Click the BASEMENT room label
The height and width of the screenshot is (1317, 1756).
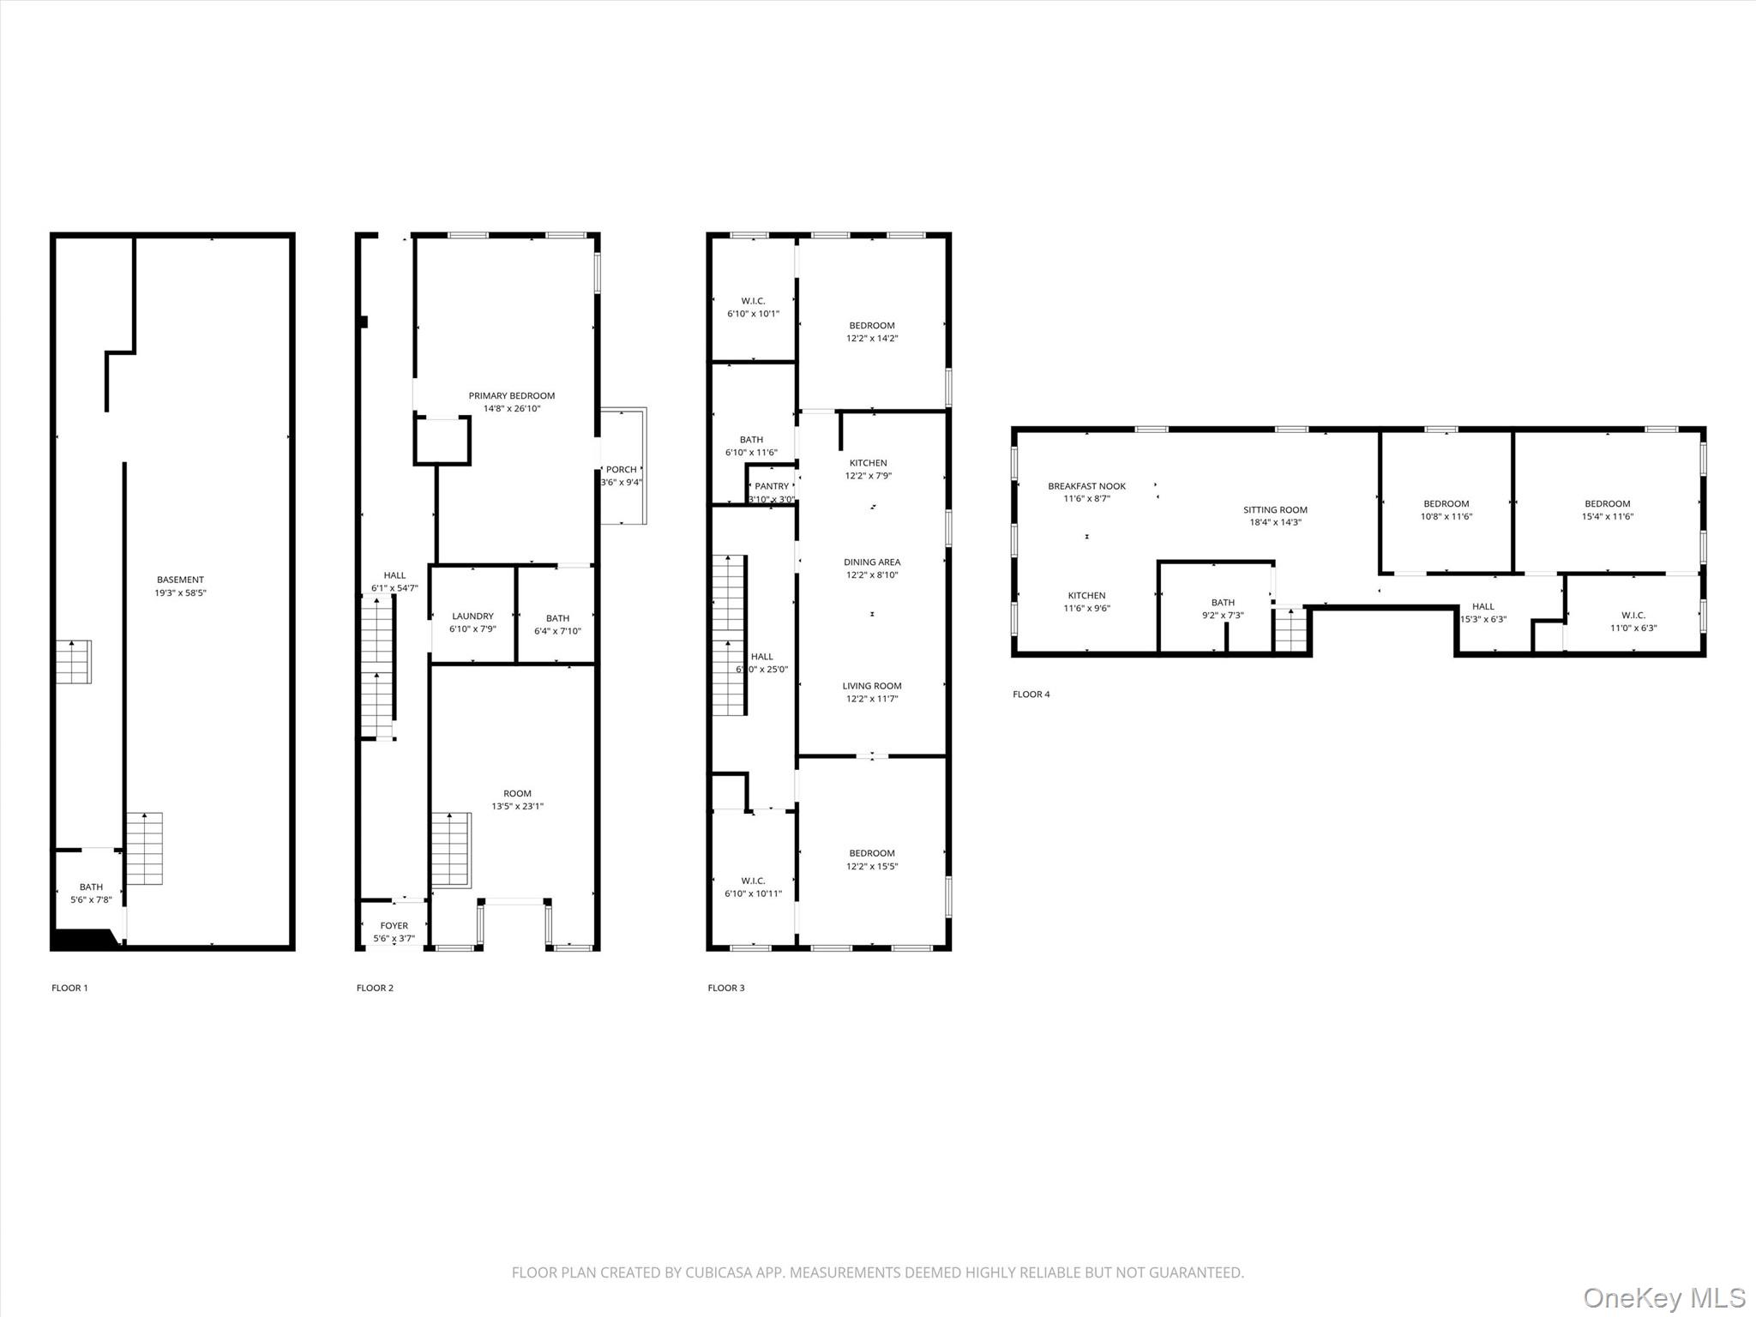pyautogui.click(x=180, y=580)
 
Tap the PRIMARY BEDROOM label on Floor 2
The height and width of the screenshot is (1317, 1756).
pyautogui.click(x=511, y=396)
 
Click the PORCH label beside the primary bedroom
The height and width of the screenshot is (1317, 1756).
pyautogui.click(x=621, y=470)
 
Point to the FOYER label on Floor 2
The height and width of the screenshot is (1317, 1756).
pyautogui.click(x=394, y=926)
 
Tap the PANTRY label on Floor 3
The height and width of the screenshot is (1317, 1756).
pyautogui.click(x=771, y=486)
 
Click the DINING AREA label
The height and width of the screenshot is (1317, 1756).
pyautogui.click(x=871, y=562)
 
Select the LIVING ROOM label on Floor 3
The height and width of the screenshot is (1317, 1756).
pyautogui.click(x=871, y=686)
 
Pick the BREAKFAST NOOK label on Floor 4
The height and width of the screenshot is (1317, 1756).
pyautogui.click(x=1086, y=486)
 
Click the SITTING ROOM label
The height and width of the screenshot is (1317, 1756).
pyautogui.click(x=1275, y=510)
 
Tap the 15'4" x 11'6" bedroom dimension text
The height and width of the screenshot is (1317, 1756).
pyautogui.click(x=1607, y=517)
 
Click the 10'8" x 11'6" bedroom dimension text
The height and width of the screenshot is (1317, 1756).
pyautogui.click(x=1446, y=517)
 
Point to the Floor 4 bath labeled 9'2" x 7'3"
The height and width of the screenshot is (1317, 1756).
pyautogui.click(x=1223, y=609)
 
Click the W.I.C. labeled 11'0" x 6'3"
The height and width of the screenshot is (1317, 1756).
pyautogui.click(x=1633, y=622)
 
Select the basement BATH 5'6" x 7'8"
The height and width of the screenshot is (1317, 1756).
pyautogui.click(x=91, y=893)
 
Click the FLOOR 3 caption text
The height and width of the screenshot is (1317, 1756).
pyautogui.click(x=725, y=988)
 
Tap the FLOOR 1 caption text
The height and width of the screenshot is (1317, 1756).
pyautogui.click(x=69, y=988)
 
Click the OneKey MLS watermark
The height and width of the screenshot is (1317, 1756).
pyautogui.click(x=1663, y=1296)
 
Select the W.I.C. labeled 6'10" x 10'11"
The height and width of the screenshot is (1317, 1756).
pyautogui.click(x=753, y=887)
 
